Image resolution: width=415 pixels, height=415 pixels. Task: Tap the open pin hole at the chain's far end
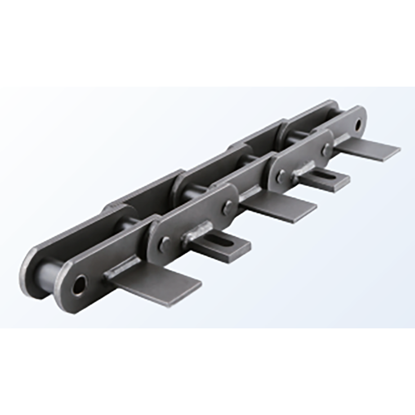pyautogui.click(x=357, y=125)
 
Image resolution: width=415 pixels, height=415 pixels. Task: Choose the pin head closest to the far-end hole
pyautogui.click(x=326, y=150)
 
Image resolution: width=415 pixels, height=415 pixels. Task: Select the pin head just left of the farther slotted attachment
pyautogui.click(x=281, y=176)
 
